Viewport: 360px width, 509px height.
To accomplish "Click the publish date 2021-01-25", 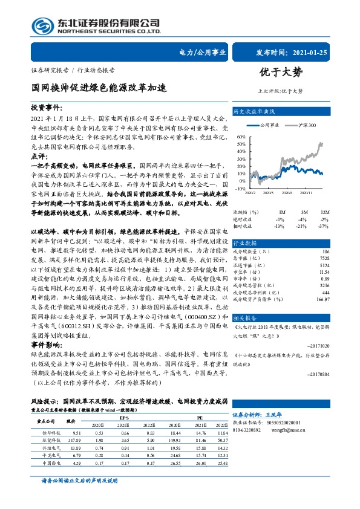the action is (x=313, y=53).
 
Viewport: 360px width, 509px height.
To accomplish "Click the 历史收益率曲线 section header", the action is (x=255, y=112).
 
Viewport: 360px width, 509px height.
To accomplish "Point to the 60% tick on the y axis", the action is (x=241, y=136).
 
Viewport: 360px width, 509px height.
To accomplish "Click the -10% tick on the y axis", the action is (x=240, y=188).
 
